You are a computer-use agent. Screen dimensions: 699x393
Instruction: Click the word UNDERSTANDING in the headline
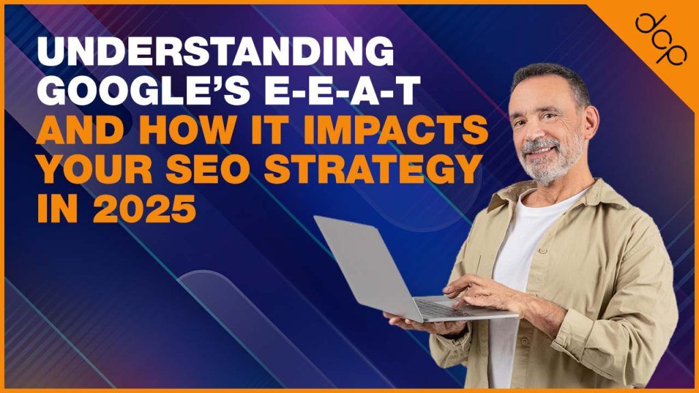216,52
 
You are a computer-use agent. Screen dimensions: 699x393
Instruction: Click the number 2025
144,208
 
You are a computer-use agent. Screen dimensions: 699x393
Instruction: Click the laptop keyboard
438,308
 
